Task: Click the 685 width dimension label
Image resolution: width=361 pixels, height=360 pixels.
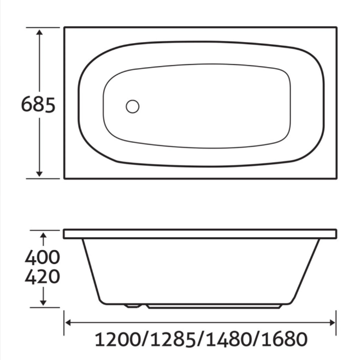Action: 38,104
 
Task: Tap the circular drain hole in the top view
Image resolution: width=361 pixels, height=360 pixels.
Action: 132,106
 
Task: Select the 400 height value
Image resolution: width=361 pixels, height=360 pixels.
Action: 42,256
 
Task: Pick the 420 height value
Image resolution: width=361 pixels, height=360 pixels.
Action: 42,277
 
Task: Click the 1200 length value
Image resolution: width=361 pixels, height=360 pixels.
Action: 118,339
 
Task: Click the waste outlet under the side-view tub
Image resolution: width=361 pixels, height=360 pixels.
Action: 132,305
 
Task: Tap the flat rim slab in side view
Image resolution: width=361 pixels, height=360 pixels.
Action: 199,234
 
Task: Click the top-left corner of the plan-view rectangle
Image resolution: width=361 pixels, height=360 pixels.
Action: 64,27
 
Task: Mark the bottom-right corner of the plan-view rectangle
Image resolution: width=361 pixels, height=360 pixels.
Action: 335,178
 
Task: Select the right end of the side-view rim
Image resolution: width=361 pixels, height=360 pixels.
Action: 334,234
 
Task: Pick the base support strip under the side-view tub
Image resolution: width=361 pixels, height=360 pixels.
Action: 213,307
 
